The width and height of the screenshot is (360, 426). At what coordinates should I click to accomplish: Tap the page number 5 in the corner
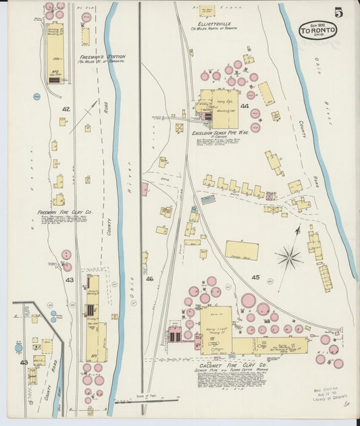point(338,12)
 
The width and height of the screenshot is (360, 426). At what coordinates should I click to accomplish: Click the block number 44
point(245,106)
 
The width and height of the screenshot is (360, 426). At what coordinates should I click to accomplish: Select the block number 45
point(255,277)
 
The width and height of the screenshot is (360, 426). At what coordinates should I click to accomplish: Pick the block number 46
point(149,278)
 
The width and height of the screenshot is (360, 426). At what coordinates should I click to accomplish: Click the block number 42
point(66,108)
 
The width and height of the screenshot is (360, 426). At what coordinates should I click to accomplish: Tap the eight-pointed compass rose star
point(289,257)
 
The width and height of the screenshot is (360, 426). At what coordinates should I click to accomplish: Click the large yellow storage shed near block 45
point(241,250)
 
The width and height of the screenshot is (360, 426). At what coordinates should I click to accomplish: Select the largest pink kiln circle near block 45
point(249,300)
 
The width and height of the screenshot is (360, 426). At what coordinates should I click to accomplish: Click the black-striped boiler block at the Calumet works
point(175,336)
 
